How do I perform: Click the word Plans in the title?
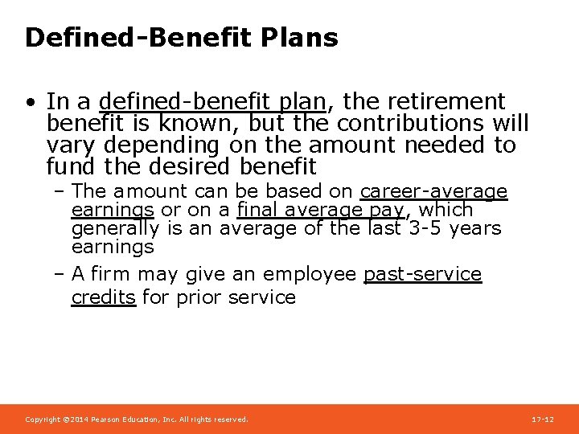(298, 38)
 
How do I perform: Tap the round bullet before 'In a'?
(30, 103)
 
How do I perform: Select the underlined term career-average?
(433, 192)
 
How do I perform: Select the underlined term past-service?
(422, 275)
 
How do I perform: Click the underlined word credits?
(104, 297)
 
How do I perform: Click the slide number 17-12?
(543, 420)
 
